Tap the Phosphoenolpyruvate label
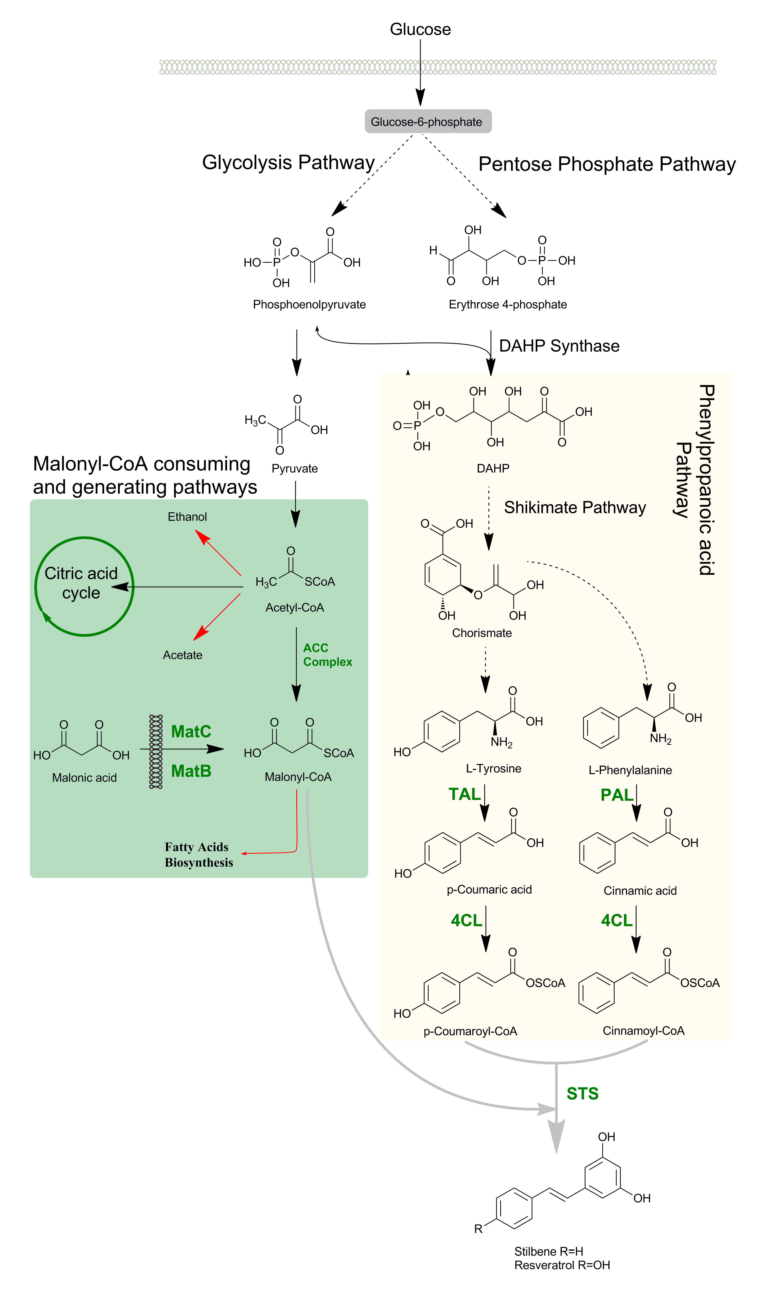309,305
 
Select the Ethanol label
187,517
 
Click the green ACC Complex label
327,655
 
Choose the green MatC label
191,731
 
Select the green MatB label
191,771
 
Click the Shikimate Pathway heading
574,508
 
